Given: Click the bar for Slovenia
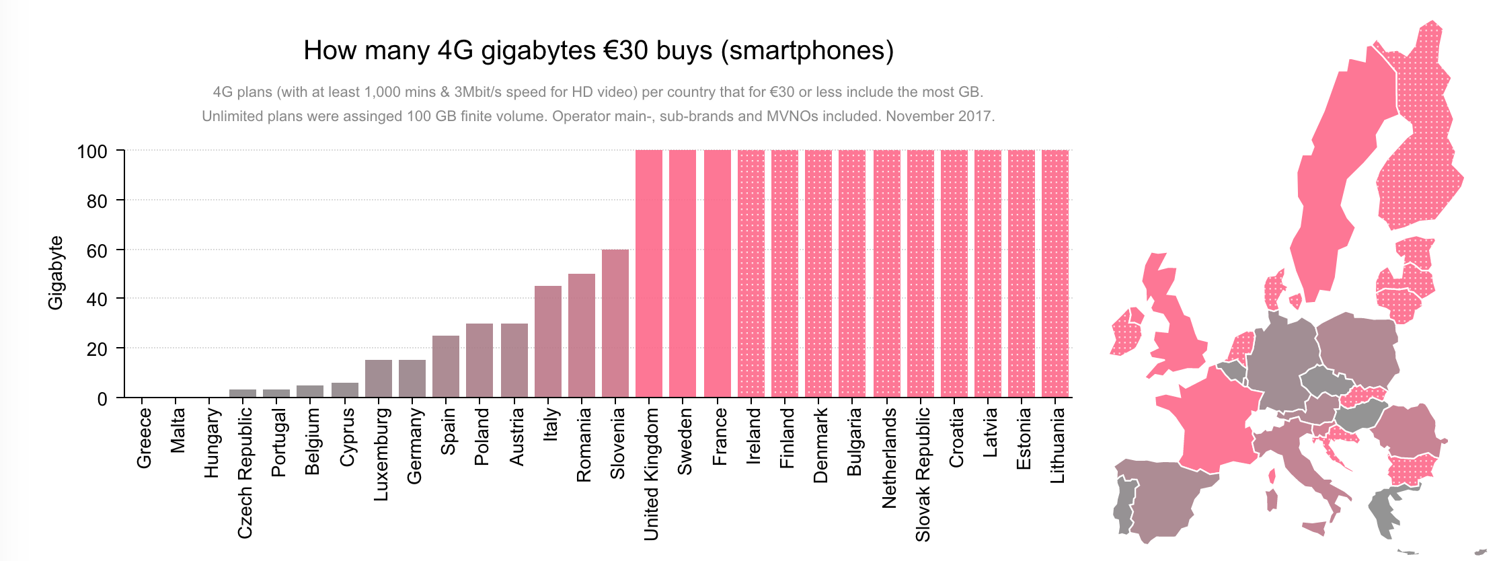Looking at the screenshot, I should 615,323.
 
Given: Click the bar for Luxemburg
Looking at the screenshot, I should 379,378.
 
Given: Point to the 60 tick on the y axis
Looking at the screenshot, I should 97,250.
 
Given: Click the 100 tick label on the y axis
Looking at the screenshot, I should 92,151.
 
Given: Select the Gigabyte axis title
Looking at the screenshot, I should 55,272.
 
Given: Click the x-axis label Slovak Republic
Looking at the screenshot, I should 923,474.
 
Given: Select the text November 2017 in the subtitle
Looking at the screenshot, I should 939,116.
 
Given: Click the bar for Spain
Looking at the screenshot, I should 446,366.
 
